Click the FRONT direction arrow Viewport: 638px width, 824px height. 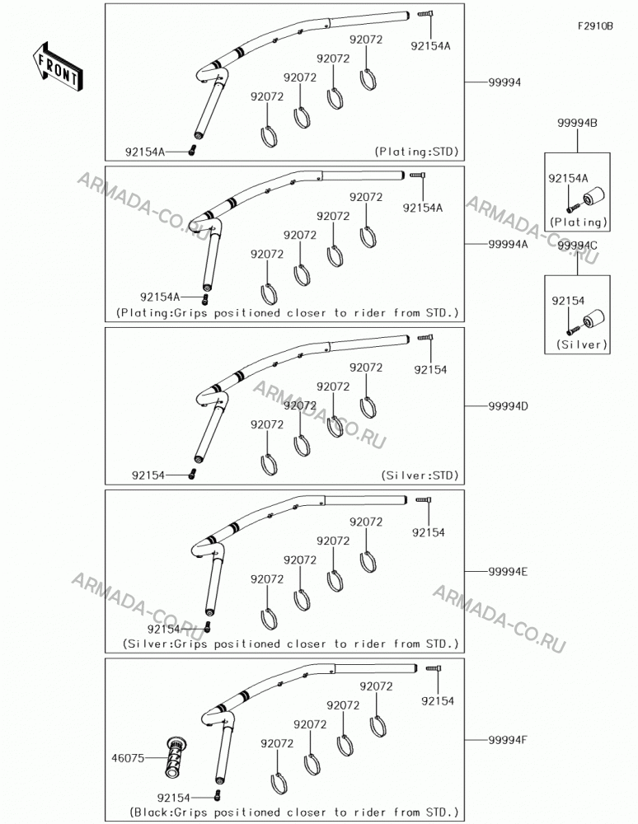(x=57, y=67)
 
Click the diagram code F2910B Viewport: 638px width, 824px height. (x=595, y=26)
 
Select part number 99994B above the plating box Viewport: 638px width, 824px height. (x=577, y=123)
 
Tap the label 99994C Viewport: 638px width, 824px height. (x=577, y=246)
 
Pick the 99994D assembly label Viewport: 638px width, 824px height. (x=509, y=406)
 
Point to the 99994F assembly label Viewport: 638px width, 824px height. (x=508, y=740)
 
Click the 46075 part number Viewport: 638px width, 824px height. (x=128, y=758)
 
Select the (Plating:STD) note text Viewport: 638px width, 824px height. (x=416, y=152)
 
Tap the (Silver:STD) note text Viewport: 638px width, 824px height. (x=420, y=475)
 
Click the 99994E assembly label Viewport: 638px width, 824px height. (x=508, y=571)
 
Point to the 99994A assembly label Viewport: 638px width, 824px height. (x=509, y=244)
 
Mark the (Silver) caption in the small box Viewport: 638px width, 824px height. (x=582, y=344)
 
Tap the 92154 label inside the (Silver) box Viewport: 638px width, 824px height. (x=568, y=301)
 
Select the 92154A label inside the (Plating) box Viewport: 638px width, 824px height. (x=568, y=178)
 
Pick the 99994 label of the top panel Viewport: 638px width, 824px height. (x=504, y=82)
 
